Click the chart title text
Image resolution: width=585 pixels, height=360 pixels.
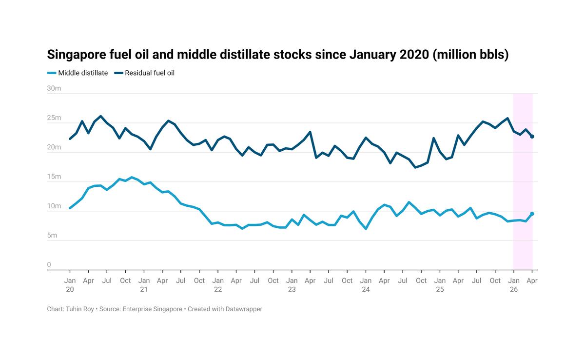click(278, 55)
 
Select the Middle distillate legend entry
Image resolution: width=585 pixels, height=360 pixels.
click(78, 73)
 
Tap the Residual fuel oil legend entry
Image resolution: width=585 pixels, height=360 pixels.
click(145, 73)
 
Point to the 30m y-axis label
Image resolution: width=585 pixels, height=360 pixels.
click(54, 88)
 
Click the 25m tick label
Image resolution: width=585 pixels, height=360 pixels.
click(54, 118)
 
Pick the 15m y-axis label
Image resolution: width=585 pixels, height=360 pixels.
click(54, 177)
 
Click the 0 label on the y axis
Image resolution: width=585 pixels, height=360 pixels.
click(49, 265)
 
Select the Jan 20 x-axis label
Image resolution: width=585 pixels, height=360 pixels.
click(70, 285)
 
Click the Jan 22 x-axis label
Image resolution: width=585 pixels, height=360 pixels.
click(218, 285)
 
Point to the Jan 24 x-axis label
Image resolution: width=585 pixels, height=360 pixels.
click(366, 285)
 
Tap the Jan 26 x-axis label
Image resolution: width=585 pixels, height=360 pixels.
click(513, 285)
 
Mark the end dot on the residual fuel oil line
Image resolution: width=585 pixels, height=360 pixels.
click(532, 137)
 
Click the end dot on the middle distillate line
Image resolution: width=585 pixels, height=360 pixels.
click(532, 214)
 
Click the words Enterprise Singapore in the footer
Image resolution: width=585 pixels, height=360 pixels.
click(153, 309)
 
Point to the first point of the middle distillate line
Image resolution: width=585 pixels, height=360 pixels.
click(70, 208)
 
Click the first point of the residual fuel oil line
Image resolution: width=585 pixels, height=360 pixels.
click(70, 139)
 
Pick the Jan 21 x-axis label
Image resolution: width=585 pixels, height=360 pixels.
click(144, 285)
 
